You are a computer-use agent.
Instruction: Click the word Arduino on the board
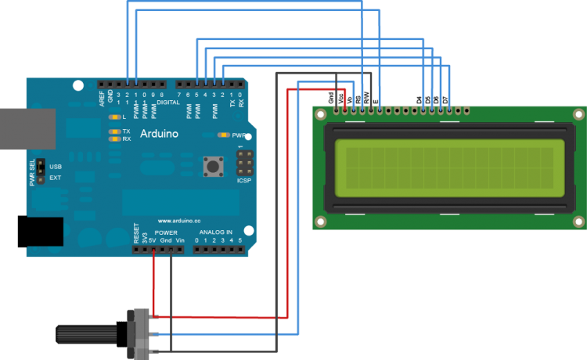pyautogui.click(x=159, y=134)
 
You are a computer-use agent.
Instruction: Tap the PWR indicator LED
pyautogui.click(x=224, y=135)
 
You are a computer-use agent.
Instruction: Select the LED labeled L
pyautogui.click(x=115, y=117)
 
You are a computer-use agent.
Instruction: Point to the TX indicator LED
pyautogui.click(x=115, y=131)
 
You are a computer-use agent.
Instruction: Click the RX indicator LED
pyautogui.click(x=115, y=139)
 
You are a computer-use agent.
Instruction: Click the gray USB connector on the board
pyautogui.click(x=27, y=129)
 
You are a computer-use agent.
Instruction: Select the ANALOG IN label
pyautogui.click(x=215, y=232)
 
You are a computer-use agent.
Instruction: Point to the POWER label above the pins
pyautogui.click(x=166, y=232)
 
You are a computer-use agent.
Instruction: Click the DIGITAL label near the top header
pyautogui.click(x=168, y=102)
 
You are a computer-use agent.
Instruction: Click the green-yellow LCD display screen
pyautogui.click(x=449, y=168)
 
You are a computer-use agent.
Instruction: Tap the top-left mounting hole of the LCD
pyautogui.click(x=321, y=114)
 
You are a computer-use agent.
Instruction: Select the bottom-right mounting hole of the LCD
pyautogui.click(x=578, y=222)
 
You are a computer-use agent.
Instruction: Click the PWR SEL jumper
pyautogui.click(x=40, y=172)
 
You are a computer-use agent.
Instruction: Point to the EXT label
pyautogui.click(x=55, y=178)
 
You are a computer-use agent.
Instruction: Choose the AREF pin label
pyautogui.click(x=102, y=98)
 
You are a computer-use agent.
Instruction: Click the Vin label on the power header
pyautogui.click(x=181, y=239)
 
